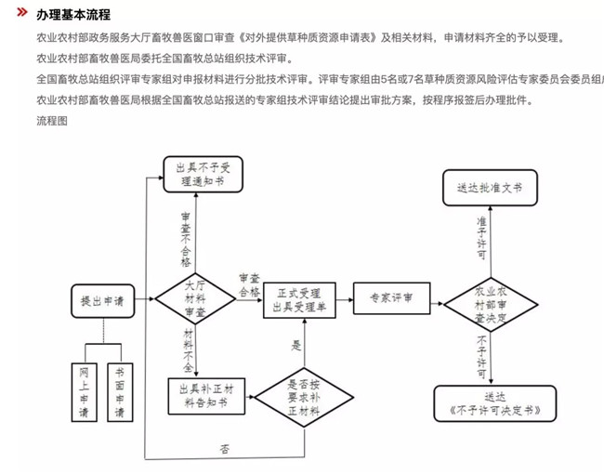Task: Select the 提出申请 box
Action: (102, 301)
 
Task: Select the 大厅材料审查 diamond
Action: (195, 299)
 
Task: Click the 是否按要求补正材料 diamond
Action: (303, 394)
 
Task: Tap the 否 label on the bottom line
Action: (225, 449)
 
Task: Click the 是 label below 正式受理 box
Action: (296, 346)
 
